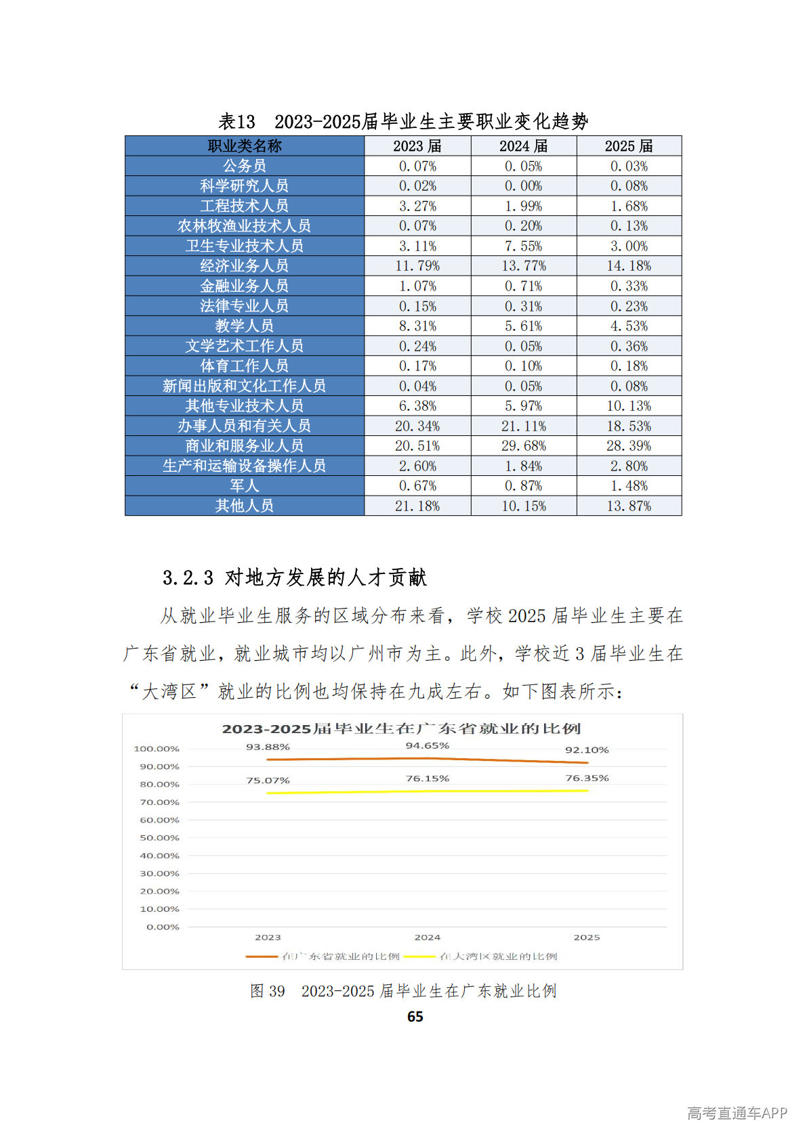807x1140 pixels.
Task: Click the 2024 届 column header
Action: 523,146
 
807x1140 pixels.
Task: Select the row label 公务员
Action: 244,166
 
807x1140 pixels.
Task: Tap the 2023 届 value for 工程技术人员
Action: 417,206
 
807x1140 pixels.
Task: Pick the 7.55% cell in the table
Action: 523,246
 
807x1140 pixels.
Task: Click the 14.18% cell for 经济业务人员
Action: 629,266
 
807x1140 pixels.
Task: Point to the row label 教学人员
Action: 244,326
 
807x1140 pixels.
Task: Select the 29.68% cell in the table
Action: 523,446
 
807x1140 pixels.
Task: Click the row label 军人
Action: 244,486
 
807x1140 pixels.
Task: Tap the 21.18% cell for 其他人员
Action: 417,506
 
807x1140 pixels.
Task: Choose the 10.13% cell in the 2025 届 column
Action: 629,406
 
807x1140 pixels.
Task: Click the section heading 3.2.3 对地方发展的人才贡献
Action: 294,577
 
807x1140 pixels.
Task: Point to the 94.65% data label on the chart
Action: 427,745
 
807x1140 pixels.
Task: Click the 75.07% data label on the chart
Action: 268,781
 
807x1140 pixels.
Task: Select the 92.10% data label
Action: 587,750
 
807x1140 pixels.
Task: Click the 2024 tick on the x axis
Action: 427,938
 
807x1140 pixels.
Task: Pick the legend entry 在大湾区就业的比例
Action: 497,957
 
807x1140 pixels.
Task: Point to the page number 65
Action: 415,1017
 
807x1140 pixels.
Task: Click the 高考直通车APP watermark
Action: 737,1114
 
